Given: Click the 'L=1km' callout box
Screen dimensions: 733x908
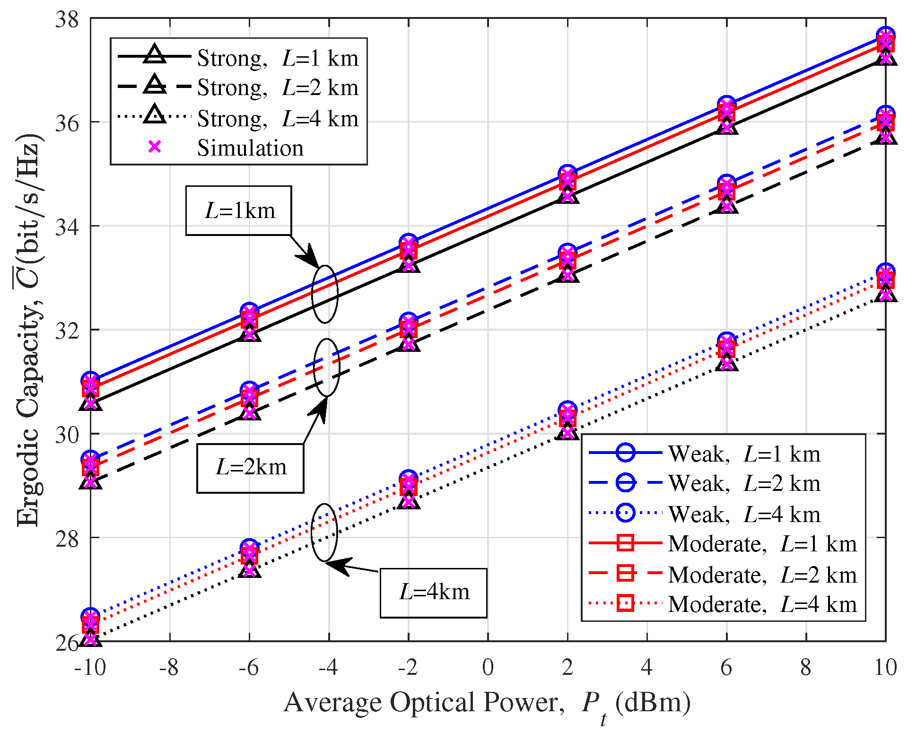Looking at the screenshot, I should [239, 210].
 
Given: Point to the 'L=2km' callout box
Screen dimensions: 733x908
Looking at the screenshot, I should [250, 468].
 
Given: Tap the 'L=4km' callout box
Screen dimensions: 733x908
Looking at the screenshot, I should [434, 593].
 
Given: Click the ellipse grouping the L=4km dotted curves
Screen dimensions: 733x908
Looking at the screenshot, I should [324, 532].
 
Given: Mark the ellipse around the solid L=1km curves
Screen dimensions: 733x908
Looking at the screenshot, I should [325, 294].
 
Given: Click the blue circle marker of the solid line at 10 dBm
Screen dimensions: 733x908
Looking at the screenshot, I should [885, 36].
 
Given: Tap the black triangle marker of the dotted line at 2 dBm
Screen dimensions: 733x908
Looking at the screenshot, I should [567, 432].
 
